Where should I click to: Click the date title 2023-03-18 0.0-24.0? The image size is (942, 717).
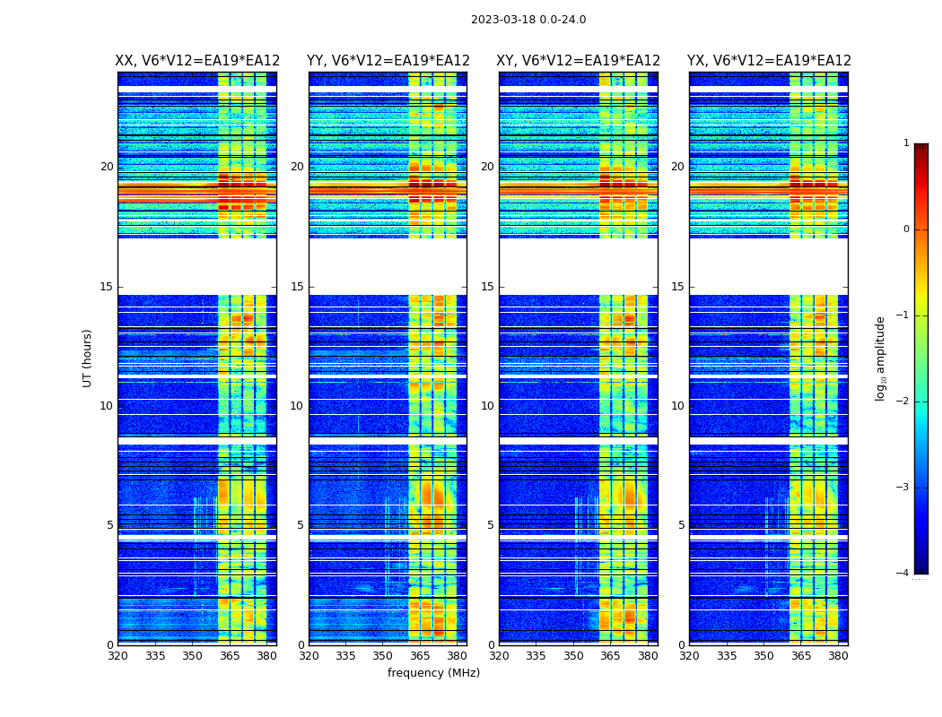[x=528, y=20]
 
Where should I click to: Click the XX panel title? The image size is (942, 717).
[x=197, y=61]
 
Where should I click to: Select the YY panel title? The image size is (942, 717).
[x=388, y=61]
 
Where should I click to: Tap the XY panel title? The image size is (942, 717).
[x=579, y=61]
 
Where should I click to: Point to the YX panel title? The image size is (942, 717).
[x=769, y=61]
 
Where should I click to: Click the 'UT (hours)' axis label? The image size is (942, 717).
[x=88, y=358]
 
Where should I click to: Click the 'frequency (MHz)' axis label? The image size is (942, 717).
[x=433, y=673]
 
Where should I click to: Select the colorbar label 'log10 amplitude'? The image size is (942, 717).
[x=881, y=358]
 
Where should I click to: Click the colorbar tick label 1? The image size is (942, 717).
[x=905, y=143]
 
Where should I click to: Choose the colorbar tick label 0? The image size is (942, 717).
[x=905, y=229]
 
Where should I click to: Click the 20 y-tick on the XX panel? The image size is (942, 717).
[x=107, y=167]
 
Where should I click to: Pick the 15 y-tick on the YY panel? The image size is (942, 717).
[x=297, y=287]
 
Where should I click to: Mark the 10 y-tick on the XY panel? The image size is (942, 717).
[x=487, y=406]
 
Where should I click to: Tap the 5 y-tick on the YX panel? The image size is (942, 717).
[x=681, y=525]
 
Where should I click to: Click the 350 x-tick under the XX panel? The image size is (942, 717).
[x=193, y=656]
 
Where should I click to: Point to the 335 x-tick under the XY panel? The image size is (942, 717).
[x=536, y=656]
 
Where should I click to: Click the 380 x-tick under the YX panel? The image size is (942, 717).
[x=838, y=656]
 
